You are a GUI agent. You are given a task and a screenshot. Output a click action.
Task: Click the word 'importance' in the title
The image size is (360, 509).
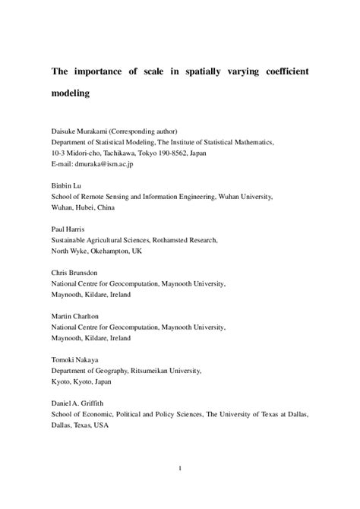(x=103, y=70)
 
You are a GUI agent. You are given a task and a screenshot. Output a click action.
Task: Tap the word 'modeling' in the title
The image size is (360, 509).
(x=71, y=95)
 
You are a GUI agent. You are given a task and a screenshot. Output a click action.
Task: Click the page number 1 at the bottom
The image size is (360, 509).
(x=180, y=489)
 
